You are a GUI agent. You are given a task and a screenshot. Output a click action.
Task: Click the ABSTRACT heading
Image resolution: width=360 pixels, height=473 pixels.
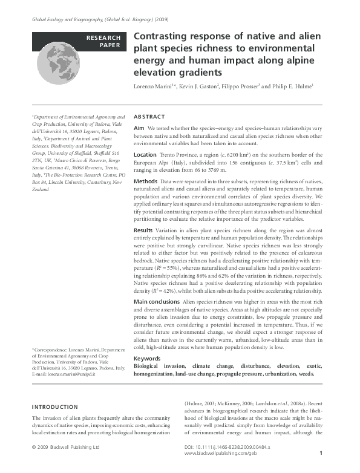[x=149, y=117]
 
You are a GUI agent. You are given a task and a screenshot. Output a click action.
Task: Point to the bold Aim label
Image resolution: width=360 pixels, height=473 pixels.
[x=139, y=129]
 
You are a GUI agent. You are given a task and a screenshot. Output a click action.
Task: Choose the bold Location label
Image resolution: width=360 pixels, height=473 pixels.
[x=145, y=155]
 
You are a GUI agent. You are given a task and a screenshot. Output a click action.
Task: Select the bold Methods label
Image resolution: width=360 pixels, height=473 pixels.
[x=145, y=181]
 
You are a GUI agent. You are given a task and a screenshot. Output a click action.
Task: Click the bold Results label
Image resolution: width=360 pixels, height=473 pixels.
[x=143, y=247]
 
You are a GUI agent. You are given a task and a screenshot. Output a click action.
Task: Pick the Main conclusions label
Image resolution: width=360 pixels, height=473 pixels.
[x=156, y=301]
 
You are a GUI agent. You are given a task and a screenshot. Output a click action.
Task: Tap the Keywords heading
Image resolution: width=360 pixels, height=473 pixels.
[x=147, y=359]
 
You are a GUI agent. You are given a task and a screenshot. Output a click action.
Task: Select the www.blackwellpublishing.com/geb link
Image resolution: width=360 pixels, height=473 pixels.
[x=217, y=453]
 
